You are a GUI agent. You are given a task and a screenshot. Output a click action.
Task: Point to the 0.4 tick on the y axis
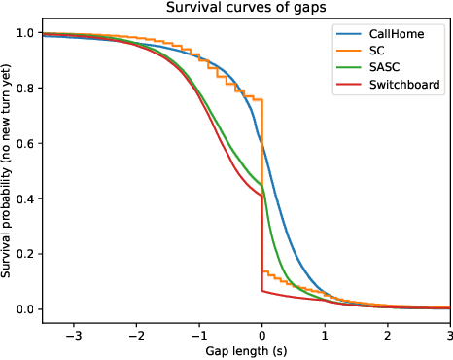[x=20, y=199]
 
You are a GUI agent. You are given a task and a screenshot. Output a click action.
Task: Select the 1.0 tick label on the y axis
[x=20, y=33]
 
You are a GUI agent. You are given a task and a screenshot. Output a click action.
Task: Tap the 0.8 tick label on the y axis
[x=20, y=89]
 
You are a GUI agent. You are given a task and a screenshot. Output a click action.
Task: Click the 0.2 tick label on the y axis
[x=20, y=255]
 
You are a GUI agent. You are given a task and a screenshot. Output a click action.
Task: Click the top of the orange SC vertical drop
[x=262, y=99]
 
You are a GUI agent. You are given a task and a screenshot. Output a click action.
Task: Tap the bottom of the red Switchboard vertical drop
[x=262, y=290]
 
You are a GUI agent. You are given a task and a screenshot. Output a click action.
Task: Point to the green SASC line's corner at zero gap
[x=262, y=185]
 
